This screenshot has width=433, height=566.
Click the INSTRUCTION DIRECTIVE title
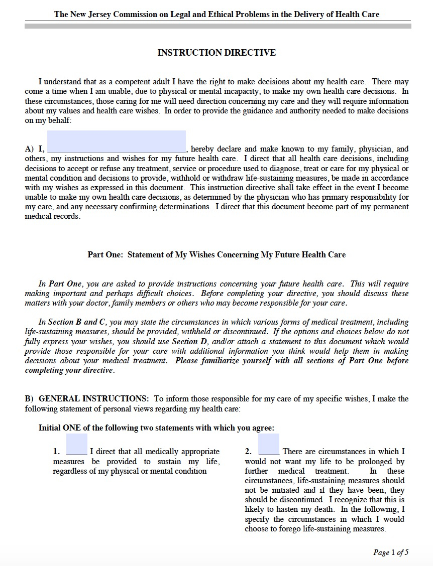click(x=216, y=53)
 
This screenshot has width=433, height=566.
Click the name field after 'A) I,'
click(x=116, y=141)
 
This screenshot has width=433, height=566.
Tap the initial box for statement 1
click(x=76, y=444)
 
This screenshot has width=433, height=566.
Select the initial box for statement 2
click(x=269, y=444)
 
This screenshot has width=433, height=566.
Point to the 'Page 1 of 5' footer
click(x=391, y=552)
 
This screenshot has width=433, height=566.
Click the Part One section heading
click(x=216, y=254)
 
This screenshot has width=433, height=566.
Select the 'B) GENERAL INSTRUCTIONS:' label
click(x=87, y=399)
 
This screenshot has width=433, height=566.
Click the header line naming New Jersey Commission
click(x=216, y=15)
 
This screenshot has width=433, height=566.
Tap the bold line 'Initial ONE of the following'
click(x=156, y=428)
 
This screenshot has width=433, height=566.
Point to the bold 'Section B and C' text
click(x=76, y=322)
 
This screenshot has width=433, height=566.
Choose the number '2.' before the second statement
click(x=248, y=452)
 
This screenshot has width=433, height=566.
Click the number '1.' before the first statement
click(x=56, y=452)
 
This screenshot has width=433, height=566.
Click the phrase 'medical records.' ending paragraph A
click(x=52, y=217)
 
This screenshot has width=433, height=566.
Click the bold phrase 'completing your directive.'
click(x=70, y=371)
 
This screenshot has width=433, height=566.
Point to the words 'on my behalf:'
click(x=48, y=120)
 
